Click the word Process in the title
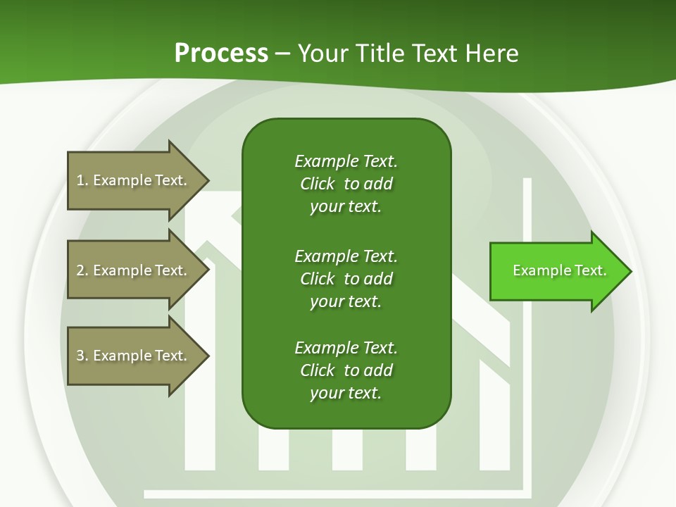pos(221,54)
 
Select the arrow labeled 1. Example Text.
pos(134,180)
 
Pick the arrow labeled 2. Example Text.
pos(134,270)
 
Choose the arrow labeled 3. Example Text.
pos(134,356)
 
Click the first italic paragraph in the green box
pos(346,184)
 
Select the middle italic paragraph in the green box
pos(346,279)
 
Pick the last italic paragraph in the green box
pos(346,370)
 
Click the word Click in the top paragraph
pos(318,184)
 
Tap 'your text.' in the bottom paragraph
pos(346,393)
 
